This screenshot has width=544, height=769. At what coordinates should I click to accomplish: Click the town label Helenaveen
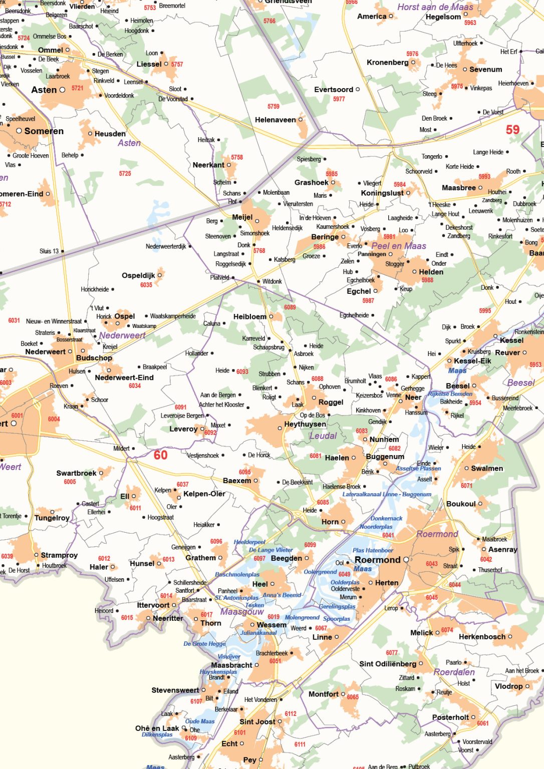click(x=275, y=120)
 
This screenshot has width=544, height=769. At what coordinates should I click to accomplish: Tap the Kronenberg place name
click(x=387, y=63)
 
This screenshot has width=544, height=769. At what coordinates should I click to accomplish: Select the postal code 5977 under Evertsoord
click(x=339, y=99)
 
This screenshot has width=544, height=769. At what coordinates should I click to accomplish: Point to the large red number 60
click(x=160, y=455)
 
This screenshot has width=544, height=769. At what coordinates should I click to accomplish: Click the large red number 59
click(x=512, y=130)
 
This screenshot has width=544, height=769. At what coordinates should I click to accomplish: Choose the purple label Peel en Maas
click(x=398, y=246)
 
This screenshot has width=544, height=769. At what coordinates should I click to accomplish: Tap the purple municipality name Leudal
click(x=323, y=436)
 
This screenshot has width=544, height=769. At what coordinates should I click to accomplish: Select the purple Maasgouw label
click(x=242, y=611)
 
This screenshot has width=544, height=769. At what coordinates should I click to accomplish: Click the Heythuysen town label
click(x=305, y=424)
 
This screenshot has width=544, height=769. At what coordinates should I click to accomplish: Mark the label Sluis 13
click(x=49, y=251)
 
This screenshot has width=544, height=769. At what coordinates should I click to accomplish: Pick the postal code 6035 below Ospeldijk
click(x=146, y=285)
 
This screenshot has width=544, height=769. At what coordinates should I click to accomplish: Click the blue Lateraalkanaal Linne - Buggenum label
click(x=387, y=494)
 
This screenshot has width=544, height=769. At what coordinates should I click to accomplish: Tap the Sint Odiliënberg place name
click(x=387, y=664)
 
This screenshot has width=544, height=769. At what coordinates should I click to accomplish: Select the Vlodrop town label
click(x=508, y=686)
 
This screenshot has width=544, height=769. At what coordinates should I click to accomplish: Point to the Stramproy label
click(x=59, y=555)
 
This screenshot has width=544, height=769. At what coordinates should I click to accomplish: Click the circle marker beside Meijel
click(x=257, y=221)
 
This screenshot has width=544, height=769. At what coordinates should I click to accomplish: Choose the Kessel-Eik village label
click(x=472, y=361)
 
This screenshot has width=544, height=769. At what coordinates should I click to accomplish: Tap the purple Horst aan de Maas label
click(x=435, y=7)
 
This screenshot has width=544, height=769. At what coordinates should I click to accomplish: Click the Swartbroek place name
click(x=76, y=473)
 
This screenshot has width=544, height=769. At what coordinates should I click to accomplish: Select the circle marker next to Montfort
click(x=343, y=694)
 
